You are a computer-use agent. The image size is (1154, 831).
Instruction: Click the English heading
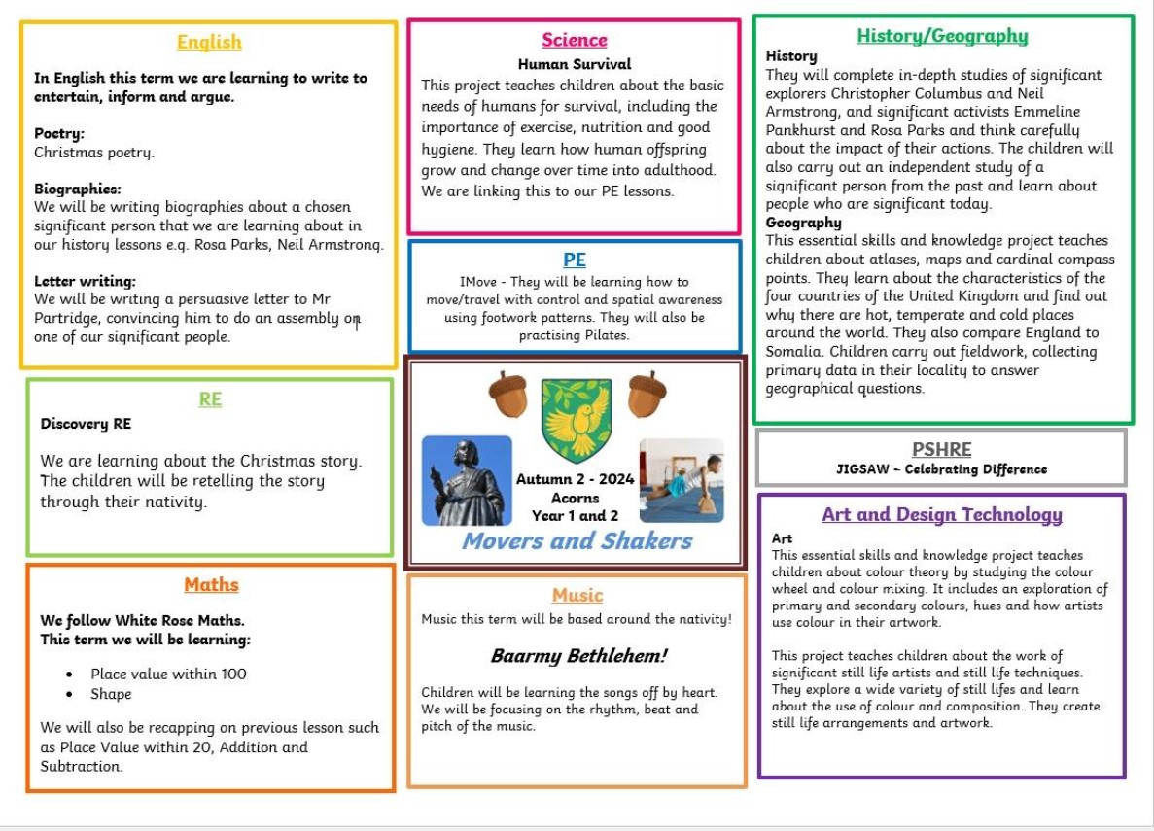209,42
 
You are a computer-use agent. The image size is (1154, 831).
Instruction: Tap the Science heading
574,40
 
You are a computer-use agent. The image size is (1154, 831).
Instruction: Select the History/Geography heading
941,36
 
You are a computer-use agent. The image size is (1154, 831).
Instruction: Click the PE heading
575,260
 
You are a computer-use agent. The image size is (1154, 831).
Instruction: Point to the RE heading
210,398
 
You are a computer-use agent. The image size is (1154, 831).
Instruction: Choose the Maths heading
211,584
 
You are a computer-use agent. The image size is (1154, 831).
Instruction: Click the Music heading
577,595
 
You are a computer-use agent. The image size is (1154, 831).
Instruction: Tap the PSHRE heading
941,449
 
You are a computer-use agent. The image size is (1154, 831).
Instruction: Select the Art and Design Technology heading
941,514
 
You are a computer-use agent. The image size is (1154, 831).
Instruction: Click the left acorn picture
507,394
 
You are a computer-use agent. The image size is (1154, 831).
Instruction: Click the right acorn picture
647,394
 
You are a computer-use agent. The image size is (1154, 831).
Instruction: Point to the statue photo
467,480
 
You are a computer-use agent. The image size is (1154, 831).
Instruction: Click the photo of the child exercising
682,480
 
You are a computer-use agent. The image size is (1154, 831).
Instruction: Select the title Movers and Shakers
577,540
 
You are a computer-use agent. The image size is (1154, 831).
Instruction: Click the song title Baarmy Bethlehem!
577,656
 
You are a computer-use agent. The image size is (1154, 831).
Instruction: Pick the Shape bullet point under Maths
111,694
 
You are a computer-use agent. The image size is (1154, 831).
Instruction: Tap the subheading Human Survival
574,65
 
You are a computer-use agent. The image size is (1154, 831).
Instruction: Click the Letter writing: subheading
85,282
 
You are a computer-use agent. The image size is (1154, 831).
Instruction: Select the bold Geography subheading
803,223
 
